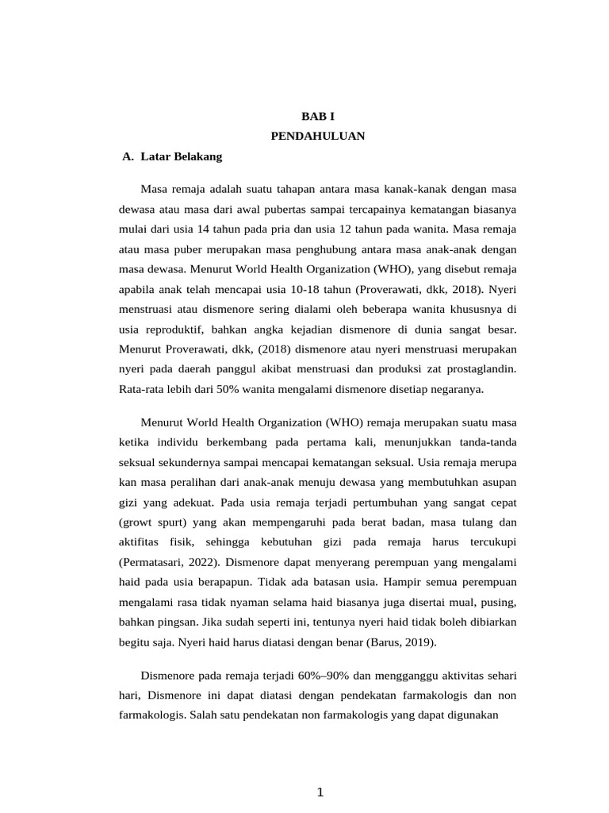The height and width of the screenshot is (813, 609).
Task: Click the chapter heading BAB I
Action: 317,116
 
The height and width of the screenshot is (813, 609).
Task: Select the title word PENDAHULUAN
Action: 317,136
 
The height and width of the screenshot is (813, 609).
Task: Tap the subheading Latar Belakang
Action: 181,156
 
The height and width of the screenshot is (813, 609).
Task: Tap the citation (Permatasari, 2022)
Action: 169,562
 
